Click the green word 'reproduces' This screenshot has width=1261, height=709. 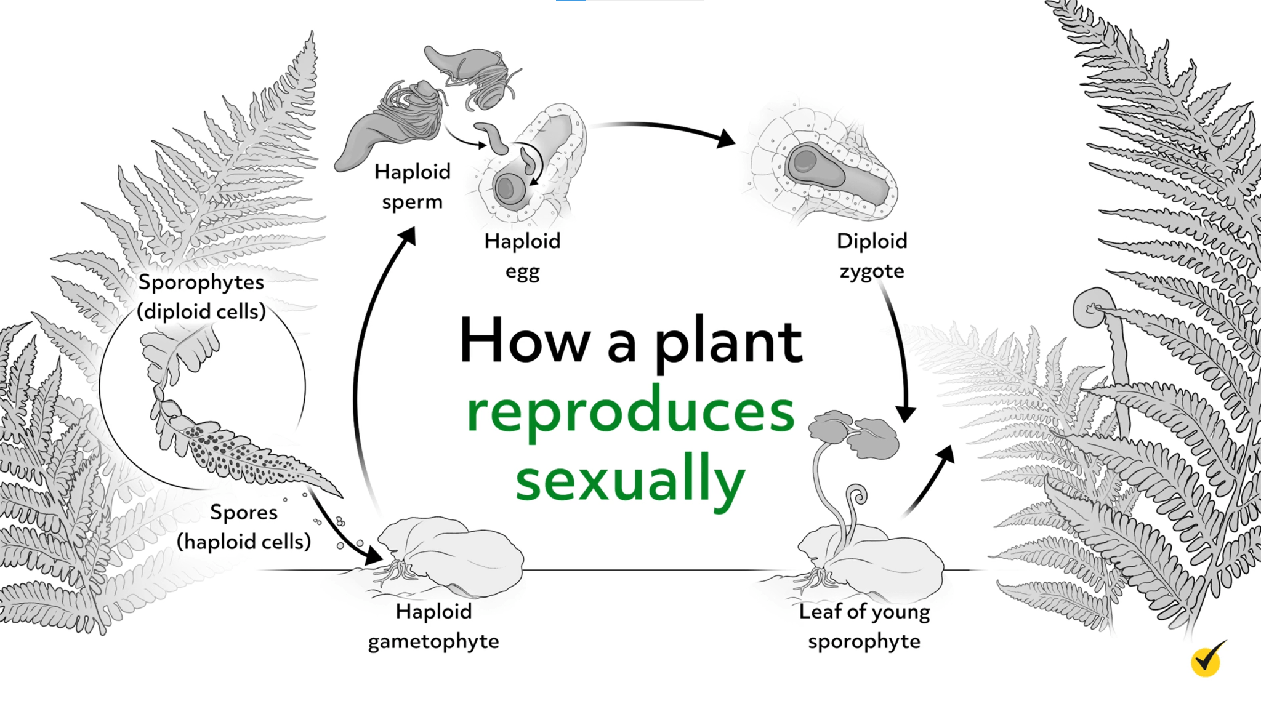pyautogui.click(x=630, y=412)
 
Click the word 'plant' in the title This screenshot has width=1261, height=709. pyautogui.click(x=728, y=342)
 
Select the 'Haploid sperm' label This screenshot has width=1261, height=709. pyautogui.click(x=413, y=186)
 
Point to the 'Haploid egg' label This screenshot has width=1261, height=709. pyautogui.click(x=522, y=256)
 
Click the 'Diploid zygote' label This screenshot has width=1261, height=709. pyautogui.click(x=872, y=256)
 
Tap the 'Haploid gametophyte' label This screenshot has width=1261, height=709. pyautogui.click(x=433, y=626)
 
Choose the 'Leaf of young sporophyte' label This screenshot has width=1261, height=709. pyautogui.click(x=864, y=626)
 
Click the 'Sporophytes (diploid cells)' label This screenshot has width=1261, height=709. pyautogui.click(x=201, y=297)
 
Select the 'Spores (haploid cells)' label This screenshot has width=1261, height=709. pyautogui.click(x=244, y=527)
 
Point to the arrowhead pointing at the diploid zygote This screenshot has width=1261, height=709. pyautogui.click(x=727, y=138)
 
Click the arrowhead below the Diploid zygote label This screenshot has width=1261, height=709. pyautogui.click(x=906, y=413)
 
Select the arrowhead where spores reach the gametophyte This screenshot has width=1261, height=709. pyautogui.click(x=373, y=556)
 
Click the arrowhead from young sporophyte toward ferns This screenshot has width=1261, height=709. pyautogui.click(x=945, y=456)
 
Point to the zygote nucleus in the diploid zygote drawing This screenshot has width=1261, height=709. pyautogui.click(x=804, y=162)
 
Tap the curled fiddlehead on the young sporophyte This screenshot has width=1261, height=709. pyautogui.click(x=857, y=494)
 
